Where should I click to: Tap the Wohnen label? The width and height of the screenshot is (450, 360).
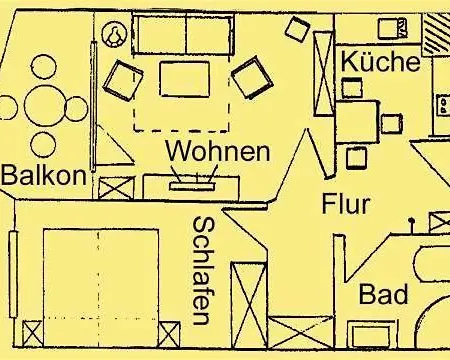(218, 152)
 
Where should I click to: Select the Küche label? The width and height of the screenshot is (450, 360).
(379, 61)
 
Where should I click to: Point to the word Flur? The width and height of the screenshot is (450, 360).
(346, 206)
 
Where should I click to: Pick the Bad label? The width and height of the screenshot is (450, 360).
(383, 295)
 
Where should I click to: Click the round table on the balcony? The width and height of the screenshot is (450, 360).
(41, 107)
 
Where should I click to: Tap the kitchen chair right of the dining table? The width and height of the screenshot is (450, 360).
(393, 124)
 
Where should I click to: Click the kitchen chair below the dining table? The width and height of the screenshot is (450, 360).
(355, 158)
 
